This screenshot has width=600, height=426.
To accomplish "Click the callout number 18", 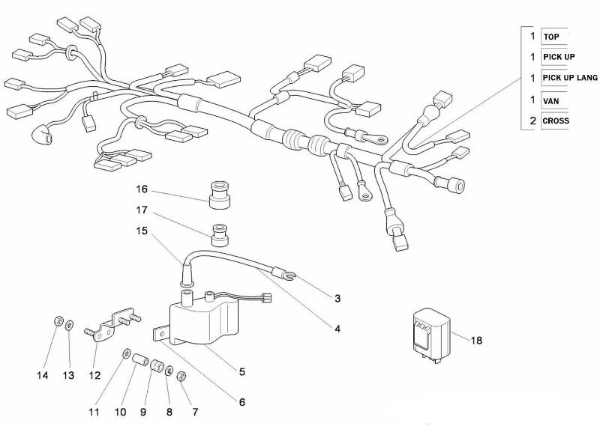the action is coord(476,340).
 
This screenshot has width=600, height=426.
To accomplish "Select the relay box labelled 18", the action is coord(431,335).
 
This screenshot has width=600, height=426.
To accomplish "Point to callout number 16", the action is coord(142,189).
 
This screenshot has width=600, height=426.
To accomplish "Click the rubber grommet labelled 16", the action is coord(220,195).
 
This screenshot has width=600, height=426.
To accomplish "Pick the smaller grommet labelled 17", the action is coord(220,235).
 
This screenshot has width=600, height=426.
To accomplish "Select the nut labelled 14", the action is coord(58,321).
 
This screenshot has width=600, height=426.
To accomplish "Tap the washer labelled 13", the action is coord(69,325).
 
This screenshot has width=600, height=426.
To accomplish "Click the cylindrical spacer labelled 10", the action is coord(140,360).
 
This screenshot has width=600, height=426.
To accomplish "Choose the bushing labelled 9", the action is coord(157,365).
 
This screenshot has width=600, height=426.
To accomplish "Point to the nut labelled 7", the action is coord(181,377).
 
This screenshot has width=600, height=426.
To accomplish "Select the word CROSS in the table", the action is coord(556,121).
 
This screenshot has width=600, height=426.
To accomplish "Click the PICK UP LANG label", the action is coord(570,78).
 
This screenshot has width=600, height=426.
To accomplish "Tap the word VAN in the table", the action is coord(551,101).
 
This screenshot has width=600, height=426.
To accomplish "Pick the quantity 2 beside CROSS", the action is coord(532,121).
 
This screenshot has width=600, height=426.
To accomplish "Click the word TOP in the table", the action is coord(551,37).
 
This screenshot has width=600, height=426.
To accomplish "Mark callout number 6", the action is coord(241,402).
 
